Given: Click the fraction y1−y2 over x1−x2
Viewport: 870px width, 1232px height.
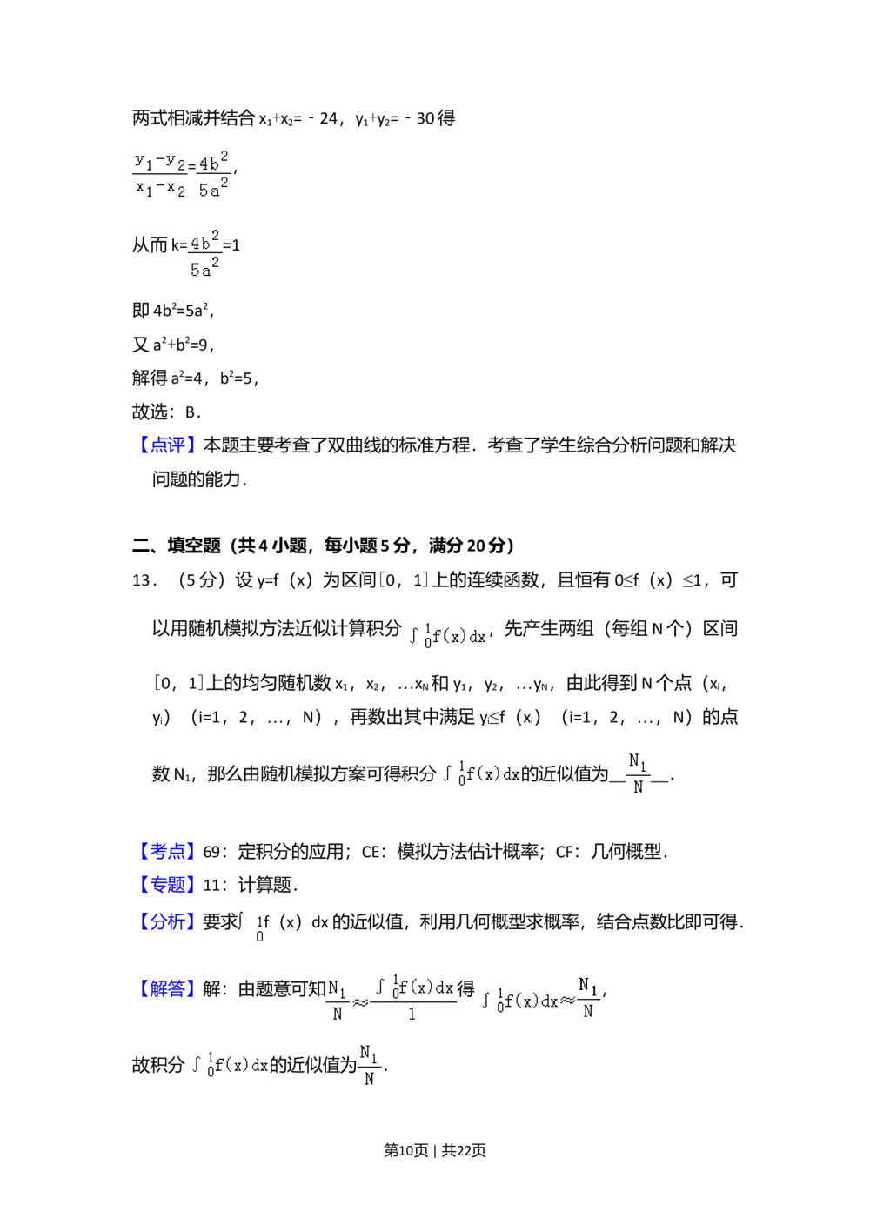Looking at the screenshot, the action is (x=157, y=174).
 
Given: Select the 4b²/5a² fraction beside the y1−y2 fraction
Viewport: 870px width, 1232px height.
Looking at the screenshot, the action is (x=215, y=174).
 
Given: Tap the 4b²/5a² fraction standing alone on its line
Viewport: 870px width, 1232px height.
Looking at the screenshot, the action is (x=205, y=254).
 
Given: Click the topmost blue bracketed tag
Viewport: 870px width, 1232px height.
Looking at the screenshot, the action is (x=167, y=445).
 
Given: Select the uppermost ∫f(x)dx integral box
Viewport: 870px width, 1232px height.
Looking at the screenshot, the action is (x=445, y=637).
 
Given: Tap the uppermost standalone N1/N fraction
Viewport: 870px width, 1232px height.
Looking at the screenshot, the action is (x=637, y=773).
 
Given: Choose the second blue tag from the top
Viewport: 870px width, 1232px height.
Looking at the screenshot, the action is (x=167, y=852).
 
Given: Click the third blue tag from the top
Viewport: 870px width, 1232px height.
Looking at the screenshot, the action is (x=167, y=885).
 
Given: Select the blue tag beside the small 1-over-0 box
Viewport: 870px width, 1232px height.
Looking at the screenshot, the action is (x=167, y=922).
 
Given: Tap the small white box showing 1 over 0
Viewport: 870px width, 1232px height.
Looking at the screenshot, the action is (x=251, y=929).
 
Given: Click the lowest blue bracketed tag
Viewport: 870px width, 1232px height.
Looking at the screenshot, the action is (x=167, y=988).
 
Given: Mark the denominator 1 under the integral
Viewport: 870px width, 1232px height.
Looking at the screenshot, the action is (x=412, y=1014).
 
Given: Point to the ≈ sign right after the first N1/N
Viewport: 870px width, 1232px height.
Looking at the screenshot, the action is (x=359, y=1001).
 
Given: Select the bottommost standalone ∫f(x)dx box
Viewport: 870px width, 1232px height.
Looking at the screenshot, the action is (x=226, y=1065).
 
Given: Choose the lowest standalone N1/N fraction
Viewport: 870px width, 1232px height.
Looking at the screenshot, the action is (x=369, y=1065).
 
